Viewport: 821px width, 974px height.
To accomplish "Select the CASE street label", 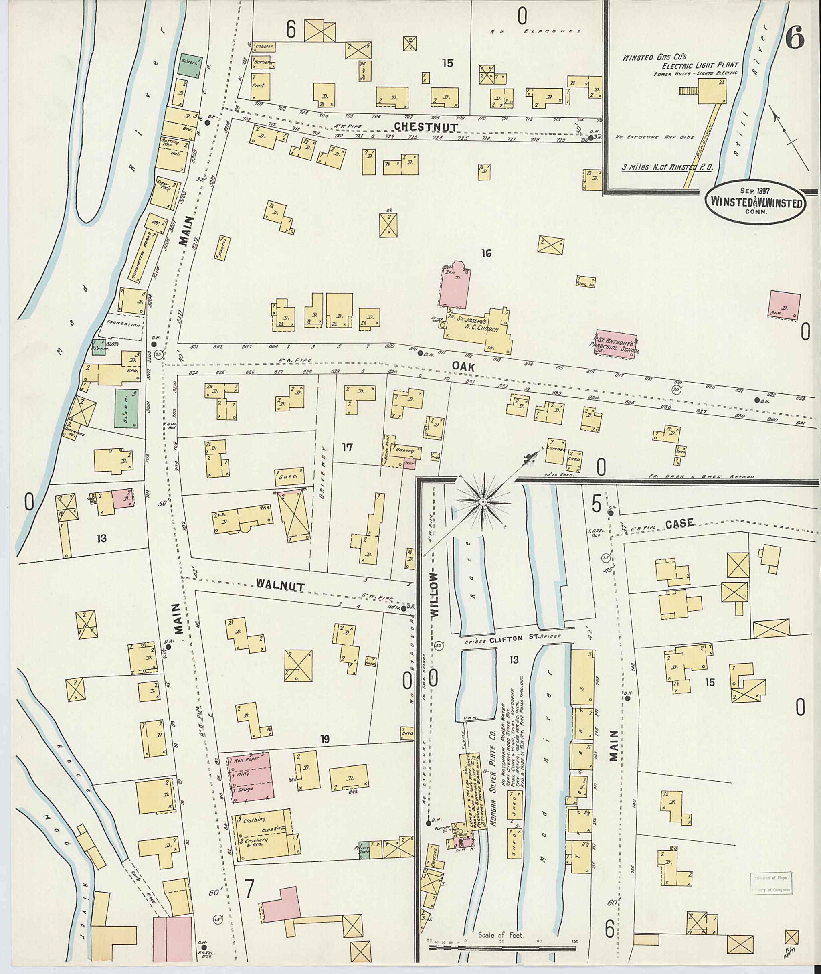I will (679, 523).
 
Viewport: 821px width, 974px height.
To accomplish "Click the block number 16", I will (486, 254).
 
